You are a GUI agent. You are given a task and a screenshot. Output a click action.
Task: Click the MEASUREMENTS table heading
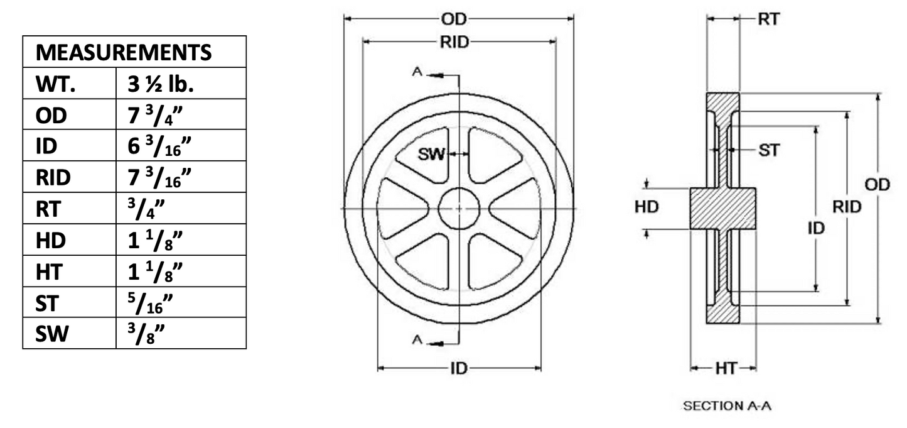point(124,52)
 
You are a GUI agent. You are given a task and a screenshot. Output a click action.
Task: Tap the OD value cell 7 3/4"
point(159,115)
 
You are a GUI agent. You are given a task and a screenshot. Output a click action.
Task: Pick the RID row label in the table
point(53,178)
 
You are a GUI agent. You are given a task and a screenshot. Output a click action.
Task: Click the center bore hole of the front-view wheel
point(459,209)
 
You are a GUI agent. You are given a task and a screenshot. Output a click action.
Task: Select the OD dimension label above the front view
point(458,19)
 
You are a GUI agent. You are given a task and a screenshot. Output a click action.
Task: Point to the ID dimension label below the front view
point(459,368)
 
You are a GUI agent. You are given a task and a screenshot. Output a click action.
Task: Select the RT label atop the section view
point(769,19)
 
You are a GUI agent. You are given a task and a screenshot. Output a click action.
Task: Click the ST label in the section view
point(769,150)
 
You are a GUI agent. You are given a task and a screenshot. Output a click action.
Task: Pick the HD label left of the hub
point(647,207)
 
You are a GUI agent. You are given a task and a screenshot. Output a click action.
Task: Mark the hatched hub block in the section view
point(722,209)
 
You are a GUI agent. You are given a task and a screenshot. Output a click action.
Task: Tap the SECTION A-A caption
point(727,406)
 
